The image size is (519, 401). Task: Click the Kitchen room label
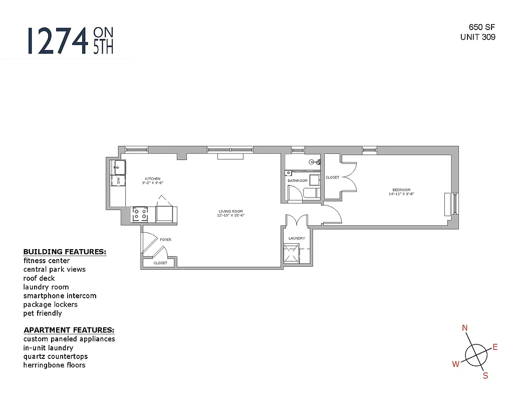tap(152, 179)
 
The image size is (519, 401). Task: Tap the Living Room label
tap(230, 212)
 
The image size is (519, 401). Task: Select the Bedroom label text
tap(401, 190)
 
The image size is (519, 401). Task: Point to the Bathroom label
tap(297, 180)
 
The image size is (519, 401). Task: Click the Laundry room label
tap(297, 238)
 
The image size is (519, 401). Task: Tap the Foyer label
tap(165, 240)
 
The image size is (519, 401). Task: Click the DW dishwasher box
tap(118, 181)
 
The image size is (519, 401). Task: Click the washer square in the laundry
tap(292, 253)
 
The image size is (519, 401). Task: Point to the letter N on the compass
tap(465, 328)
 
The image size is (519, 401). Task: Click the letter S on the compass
tap(485, 376)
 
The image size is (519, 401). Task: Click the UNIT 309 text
tap(478, 37)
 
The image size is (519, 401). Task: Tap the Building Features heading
tap(65, 252)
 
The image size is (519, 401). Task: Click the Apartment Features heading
tap(69, 330)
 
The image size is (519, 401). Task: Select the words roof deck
tap(39, 278)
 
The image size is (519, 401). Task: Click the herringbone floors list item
tap(54, 365)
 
